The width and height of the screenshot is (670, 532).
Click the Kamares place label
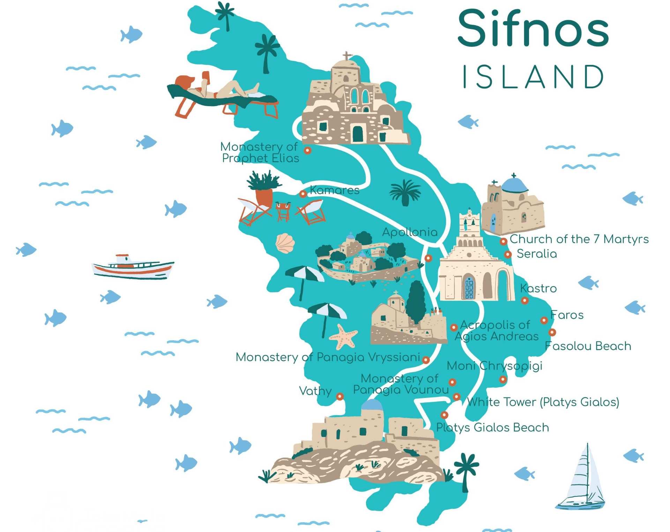[334, 190]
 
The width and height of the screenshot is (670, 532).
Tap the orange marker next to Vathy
[340, 397]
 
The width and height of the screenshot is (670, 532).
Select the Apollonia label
[410, 232]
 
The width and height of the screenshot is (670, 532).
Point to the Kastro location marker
[524, 300]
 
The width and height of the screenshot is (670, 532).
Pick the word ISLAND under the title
[533, 77]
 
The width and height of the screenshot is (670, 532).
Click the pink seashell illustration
[285, 243]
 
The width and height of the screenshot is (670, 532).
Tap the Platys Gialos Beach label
[492, 428]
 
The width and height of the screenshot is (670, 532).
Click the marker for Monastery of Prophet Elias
[307, 150]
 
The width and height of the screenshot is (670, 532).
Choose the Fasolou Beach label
[588, 346]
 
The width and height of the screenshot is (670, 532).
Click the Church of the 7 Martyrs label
[579, 239]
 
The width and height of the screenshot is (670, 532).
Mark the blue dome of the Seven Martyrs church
[514, 185]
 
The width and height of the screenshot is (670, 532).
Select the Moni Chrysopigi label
[494, 366]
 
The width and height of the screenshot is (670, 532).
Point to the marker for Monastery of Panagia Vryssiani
[426, 360]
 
